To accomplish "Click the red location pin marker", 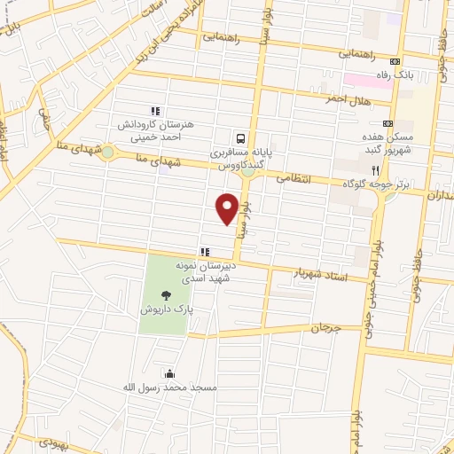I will pyautogui.click(x=227, y=208).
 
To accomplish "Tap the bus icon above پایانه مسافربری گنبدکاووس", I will pyautogui.click(x=240, y=138).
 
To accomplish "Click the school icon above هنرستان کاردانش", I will pyautogui.click(x=155, y=112).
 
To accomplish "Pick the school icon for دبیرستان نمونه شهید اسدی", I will pyautogui.click(x=203, y=251).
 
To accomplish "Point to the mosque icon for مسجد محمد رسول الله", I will pyautogui.click(x=169, y=373).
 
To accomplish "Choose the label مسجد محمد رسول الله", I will pyautogui.click(x=170, y=388).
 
